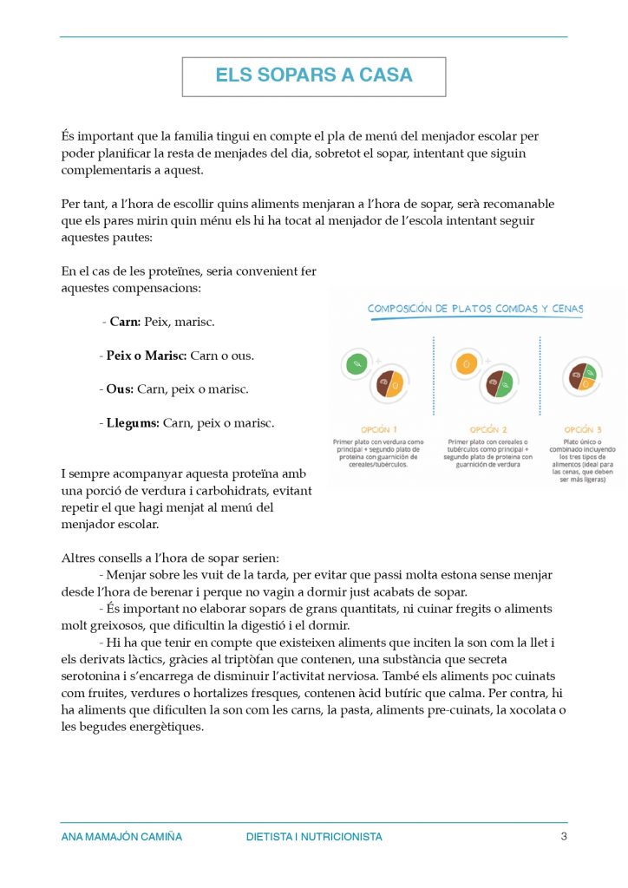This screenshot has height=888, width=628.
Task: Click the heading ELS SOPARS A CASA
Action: point(314,75)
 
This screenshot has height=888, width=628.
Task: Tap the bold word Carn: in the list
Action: point(126,322)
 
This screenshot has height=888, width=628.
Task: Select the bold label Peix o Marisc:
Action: point(147,356)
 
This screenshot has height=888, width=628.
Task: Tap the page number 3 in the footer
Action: point(564,837)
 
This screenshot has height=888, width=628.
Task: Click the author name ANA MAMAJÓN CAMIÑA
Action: point(122,838)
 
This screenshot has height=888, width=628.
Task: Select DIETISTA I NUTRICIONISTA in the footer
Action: point(314,838)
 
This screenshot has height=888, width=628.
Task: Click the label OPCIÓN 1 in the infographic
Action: point(380,429)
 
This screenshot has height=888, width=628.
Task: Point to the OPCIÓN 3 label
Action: point(583,429)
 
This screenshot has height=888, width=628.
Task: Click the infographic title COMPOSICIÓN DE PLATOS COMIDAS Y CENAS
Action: point(475,308)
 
